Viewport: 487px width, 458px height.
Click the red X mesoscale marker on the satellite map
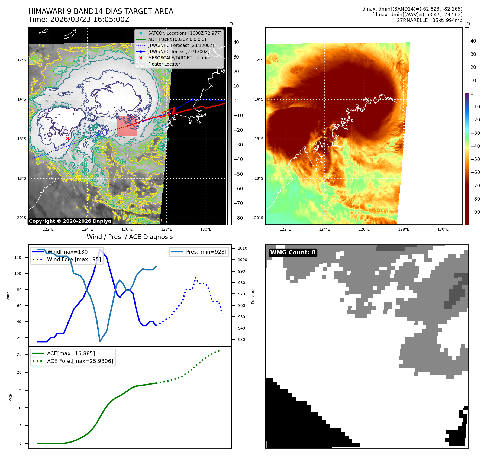click(x=67, y=138)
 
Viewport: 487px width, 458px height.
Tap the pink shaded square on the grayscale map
click(x=127, y=126)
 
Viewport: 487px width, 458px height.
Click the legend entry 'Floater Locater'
click(x=164, y=64)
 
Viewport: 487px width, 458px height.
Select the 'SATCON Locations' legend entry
click(x=185, y=33)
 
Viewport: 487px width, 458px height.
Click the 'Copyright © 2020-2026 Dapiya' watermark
click(x=70, y=221)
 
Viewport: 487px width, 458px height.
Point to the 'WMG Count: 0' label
click(x=293, y=253)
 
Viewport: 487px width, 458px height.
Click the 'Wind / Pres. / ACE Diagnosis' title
click(x=130, y=237)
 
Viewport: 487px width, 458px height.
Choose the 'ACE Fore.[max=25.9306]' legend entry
click(x=80, y=361)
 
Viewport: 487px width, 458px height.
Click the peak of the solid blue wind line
click(x=100, y=249)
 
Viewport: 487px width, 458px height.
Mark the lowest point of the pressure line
click(x=100, y=341)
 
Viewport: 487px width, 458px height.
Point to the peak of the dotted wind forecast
click(x=196, y=278)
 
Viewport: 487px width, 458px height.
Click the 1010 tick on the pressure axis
click(x=242, y=248)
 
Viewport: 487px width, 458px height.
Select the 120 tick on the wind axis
click(x=18, y=257)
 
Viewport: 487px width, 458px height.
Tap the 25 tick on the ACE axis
click(x=19, y=354)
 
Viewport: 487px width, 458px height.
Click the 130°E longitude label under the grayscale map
click(x=206, y=229)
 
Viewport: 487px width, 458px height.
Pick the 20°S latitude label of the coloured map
click(x=259, y=218)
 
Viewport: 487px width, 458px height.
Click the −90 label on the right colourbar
click(x=475, y=212)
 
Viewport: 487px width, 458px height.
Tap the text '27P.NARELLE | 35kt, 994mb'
click(x=430, y=20)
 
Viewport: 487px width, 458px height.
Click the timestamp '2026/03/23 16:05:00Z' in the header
click(x=90, y=20)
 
